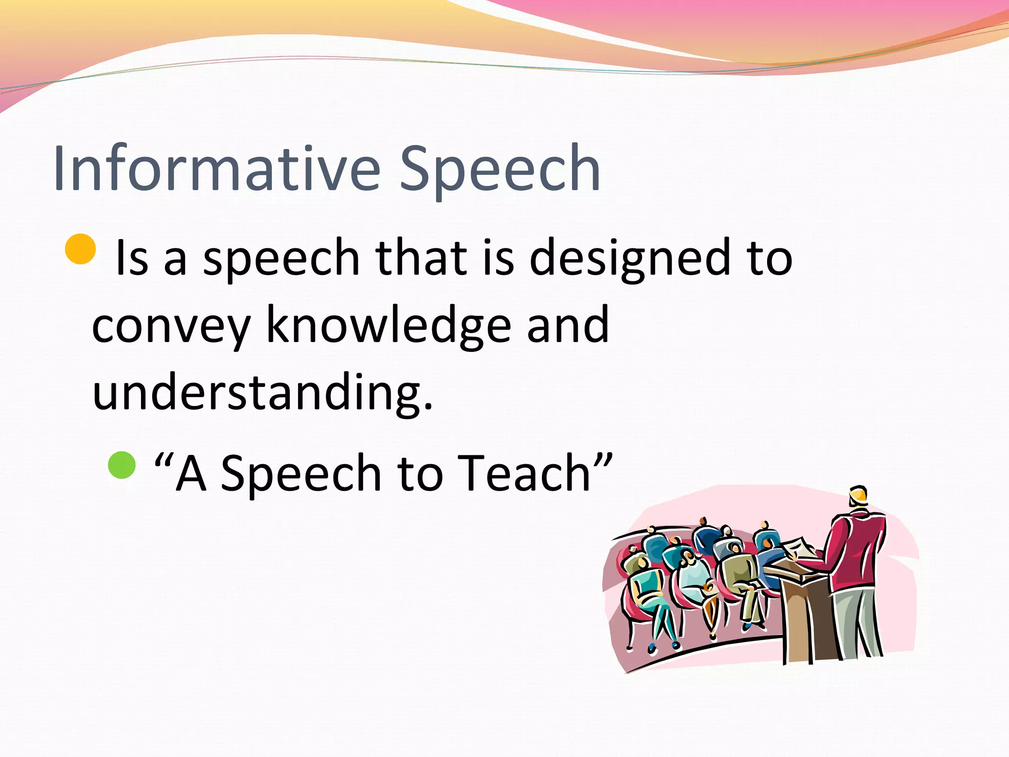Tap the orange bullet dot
pyautogui.click(x=80, y=249)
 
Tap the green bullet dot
pyautogui.click(x=122, y=465)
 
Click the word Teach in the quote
pyautogui.click(x=525, y=473)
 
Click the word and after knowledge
pyautogui.click(x=568, y=325)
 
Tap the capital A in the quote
pyautogui.click(x=191, y=473)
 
